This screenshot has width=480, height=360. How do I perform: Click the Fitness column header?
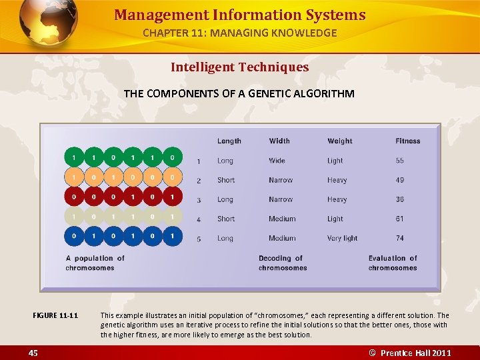[407, 141]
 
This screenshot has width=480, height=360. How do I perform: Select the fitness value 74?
[399, 238]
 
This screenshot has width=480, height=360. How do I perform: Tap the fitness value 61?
[399, 219]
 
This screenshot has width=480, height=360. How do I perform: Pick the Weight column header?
[339, 141]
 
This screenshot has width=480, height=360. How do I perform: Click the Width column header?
[279, 141]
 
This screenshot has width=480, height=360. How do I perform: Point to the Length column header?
[229, 141]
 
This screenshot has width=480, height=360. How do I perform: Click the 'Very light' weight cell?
[342, 238]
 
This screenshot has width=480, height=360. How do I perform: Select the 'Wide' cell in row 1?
[277, 161]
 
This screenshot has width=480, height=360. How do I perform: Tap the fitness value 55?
[399, 161]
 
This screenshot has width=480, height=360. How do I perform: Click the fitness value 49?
[399, 180]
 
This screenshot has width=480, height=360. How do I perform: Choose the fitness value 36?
[399, 199]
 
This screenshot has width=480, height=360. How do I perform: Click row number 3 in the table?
[199, 200]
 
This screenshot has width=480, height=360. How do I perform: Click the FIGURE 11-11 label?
[55, 315]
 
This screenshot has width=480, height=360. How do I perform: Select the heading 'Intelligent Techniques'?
[239, 67]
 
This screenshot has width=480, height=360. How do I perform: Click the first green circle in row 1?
[74, 158]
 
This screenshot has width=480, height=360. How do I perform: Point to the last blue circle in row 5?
[172, 235]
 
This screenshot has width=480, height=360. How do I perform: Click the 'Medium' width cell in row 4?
[282, 219]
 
